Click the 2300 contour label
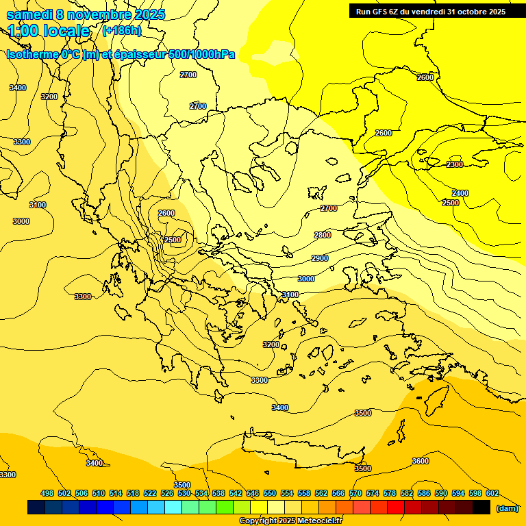point(455,164)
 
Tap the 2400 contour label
point(460,193)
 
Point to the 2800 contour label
point(323,235)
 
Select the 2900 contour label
point(320,258)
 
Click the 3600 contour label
point(421,461)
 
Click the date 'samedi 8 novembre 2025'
point(86,14)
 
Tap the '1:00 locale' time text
point(49,31)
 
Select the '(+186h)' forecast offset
point(121,31)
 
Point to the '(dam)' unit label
point(507,508)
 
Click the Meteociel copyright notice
point(291,521)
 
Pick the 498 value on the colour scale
point(47,493)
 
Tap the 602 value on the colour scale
point(492,493)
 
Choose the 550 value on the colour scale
point(270,493)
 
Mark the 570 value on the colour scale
point(355,493)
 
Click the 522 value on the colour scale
point(150,493)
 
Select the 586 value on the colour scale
point(424,493)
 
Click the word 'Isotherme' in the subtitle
point(32,54)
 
